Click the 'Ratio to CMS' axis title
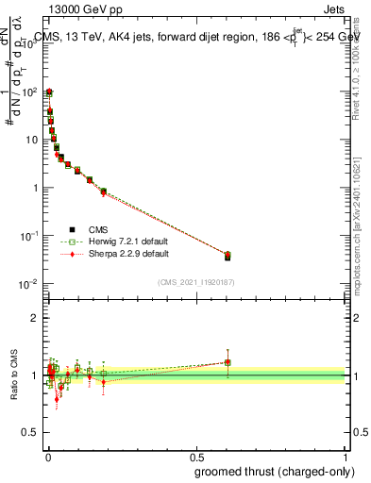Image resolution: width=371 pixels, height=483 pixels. pyautogui.click(x=13, y=375)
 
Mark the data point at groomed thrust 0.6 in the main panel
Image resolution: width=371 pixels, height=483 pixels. pyautogui.click(x=227, y=256)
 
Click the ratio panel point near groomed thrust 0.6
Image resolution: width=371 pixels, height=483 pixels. pyautogui.click(x=227, y=362)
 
